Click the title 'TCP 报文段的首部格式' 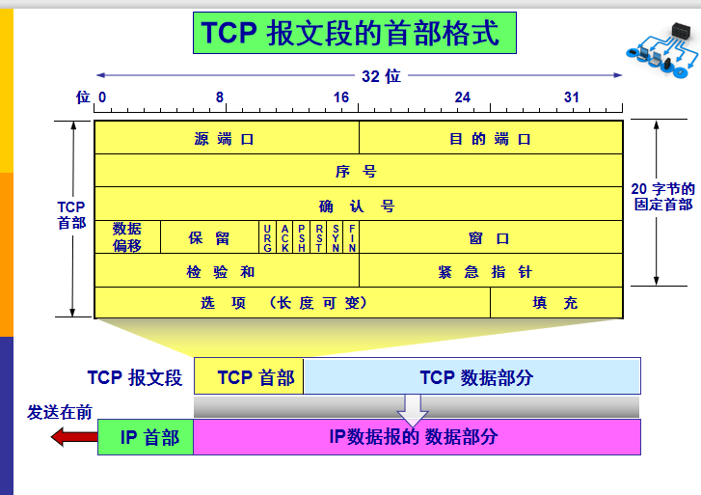pos(351,34)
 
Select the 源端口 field pos(226,138)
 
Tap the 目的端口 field pos(491,138)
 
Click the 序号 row pos(358,172)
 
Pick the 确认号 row pos(358,206)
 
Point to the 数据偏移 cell pos(127,237)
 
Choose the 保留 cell pos(209,237)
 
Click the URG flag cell pos(267,237)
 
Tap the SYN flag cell pos(336,237)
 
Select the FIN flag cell pos(353,237)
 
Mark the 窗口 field pos(491,237)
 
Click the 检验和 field pos(226,271)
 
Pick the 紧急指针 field pos(491,271)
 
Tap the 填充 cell pos(556,302)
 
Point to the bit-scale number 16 pos(341,97)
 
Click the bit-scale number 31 pos(572,97)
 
